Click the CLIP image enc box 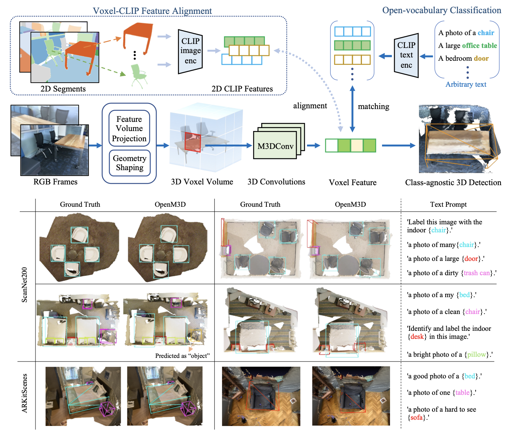(x=190, y=51)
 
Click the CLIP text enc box (x=406, y=55)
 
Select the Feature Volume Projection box (x=129, y=129)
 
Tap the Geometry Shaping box (x=130, y=163)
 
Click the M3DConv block (x=275, y=146)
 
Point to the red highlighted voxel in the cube (x=192, y=142)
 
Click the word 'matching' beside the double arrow (x=373, y=106)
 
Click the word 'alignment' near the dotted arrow (x=310, y=106)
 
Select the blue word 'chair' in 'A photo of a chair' (x=486, y=33)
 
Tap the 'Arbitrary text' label (x=465, y=85)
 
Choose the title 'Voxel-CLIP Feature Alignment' (x=152, y=11)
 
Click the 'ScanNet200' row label (x=25, y=285)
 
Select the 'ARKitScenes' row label (x=25, y=393)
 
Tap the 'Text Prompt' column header (x=448, y=205)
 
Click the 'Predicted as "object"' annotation (x=182, y=356)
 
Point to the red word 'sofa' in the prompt (x=416, y=418)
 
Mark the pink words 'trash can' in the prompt (x=476, y=273)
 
